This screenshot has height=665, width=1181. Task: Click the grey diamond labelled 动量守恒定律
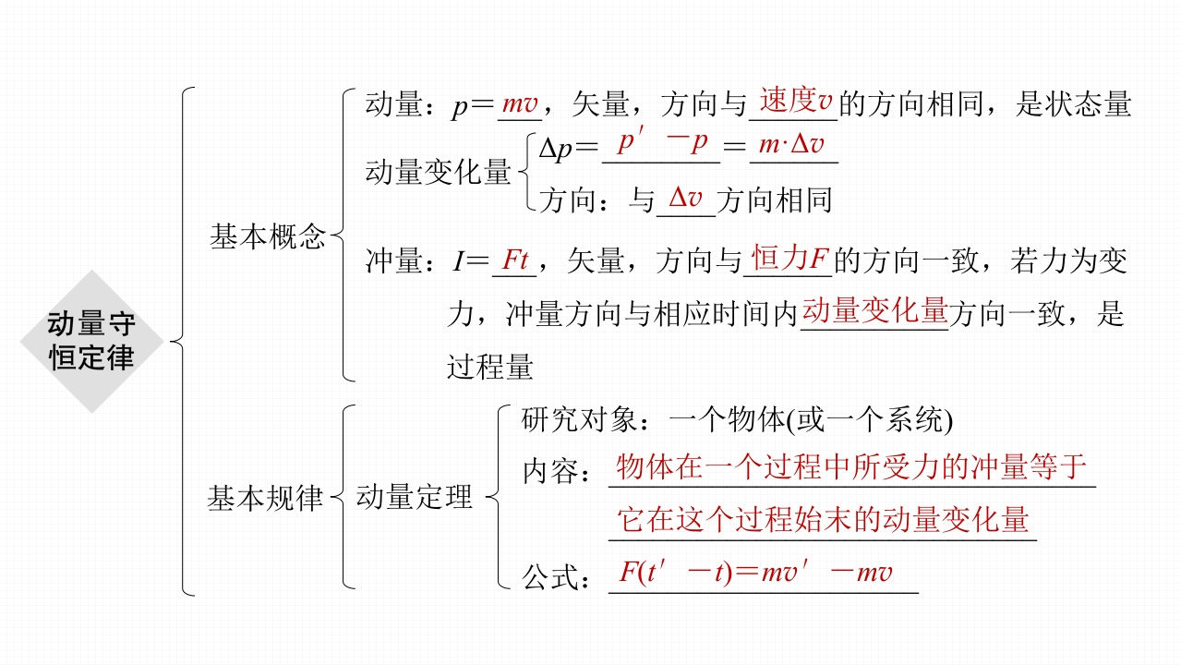92,341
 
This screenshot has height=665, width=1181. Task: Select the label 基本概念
268,237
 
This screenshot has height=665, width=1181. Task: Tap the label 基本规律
265,499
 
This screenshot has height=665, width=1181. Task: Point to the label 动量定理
415,498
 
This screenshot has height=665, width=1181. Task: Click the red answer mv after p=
520,105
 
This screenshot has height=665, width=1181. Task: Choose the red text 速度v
795,102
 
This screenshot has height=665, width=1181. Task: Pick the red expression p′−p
662,144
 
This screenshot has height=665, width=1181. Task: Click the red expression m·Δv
791,145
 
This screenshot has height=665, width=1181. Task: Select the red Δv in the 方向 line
685,199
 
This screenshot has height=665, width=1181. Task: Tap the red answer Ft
514,261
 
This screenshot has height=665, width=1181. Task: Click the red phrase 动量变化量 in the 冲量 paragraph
874,311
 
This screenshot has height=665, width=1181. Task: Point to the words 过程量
490,368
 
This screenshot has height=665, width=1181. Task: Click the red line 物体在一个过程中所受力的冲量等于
851,467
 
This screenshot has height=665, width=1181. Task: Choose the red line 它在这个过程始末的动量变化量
823,520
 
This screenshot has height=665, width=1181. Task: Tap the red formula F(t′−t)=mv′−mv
755,573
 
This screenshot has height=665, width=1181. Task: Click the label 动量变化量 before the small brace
439,173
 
